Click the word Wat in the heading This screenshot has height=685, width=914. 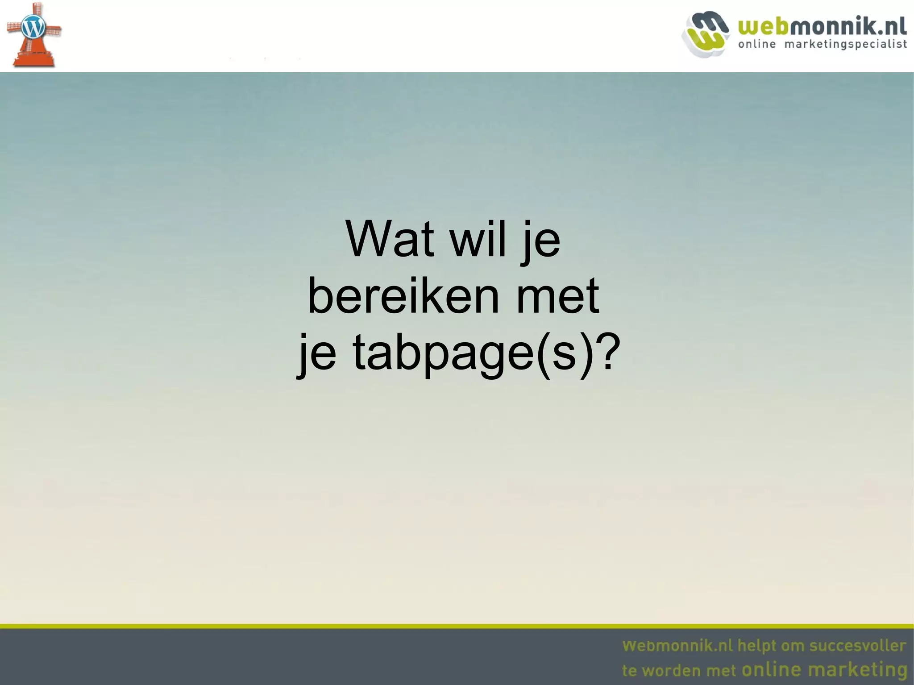[x=389, y=240]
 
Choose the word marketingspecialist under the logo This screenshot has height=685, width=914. [x=845, y=44]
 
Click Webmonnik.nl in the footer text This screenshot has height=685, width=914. [x=677, y=646]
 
